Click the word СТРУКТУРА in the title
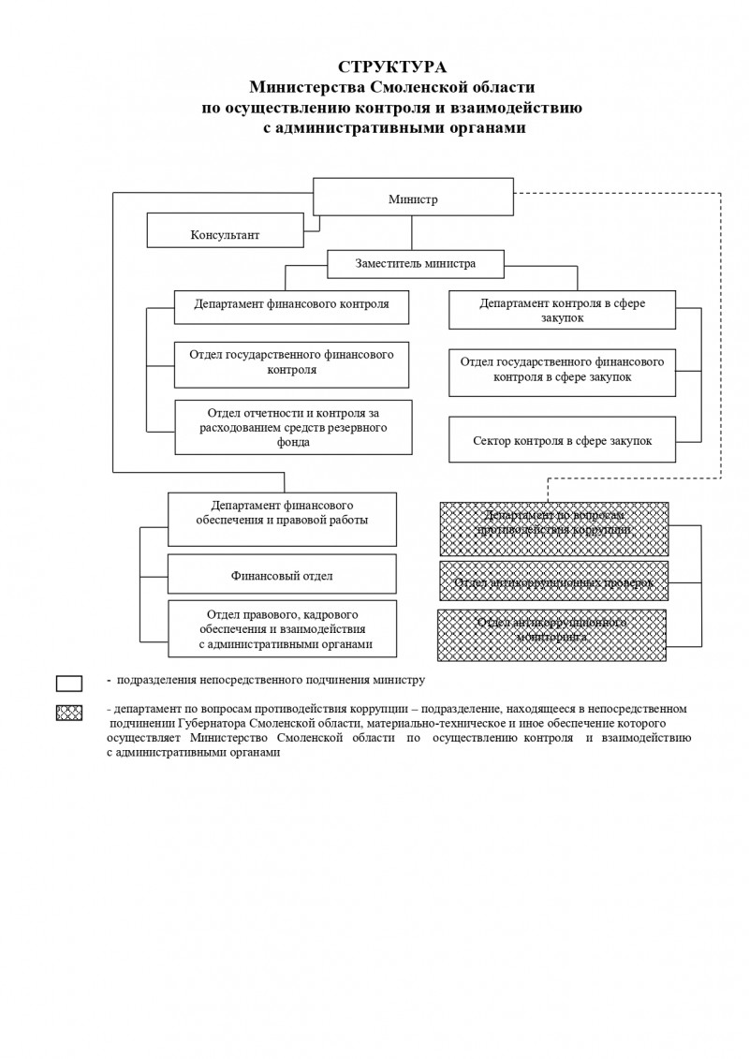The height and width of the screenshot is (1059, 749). pyautogui.click(x=392, y=66)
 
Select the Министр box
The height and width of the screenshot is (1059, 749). pyautogui.click(x=413, y=198)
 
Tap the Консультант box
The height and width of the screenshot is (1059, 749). pyautogui.click(x=225, y=231)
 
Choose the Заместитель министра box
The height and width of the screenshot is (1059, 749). pyautogui.click(x=415, y=264)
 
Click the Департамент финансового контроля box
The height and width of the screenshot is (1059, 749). pyautogui.click(x=291, y=306)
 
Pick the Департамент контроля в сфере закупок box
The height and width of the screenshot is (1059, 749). pyautogui.click(x=562, y=310)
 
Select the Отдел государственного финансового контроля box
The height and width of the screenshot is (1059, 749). pyautogui.click(x=291, y=364)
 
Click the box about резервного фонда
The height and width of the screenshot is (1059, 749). pyautogui.click(x=292, y=428)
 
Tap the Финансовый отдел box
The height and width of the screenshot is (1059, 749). pyautogui.click(x=282, y=574)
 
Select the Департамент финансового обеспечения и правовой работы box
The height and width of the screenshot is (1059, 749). pyautogui.click(x=282, y=519)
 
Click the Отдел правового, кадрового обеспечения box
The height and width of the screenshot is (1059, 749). pyautogui.click(x=282, y=628)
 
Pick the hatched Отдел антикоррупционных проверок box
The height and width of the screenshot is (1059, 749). pyautogui.click(x=553, y=581)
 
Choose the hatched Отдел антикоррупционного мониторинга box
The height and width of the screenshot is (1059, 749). pyautogui.click(x=551, y=635)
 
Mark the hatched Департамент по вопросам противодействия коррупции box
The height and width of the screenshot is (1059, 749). pyautogui.click(x=553, y=529)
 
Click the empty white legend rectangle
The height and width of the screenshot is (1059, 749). pyautogui.click(x=69, y=683)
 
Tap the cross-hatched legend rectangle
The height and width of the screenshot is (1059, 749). pyautogui.click(x=69, y=713)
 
